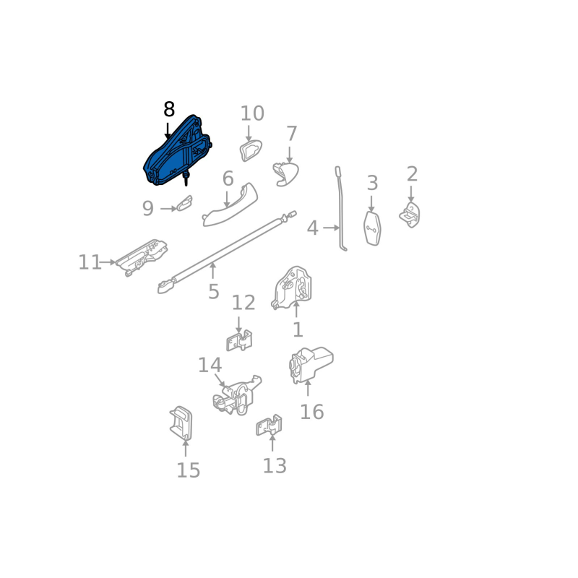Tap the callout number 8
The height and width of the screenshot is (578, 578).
169,110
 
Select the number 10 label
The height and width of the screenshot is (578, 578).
252,113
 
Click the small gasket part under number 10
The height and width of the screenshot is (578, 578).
251,151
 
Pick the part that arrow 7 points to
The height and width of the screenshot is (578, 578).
286,174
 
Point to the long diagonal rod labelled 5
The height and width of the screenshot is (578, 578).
226,251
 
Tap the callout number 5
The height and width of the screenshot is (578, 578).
213,292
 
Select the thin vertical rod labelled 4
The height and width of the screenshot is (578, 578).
341,209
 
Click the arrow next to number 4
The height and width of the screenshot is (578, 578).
331,228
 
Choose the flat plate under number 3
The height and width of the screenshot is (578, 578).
372,228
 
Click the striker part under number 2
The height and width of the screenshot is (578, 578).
410,215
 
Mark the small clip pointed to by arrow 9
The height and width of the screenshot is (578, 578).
184,203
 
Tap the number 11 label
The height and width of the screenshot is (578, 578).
90,262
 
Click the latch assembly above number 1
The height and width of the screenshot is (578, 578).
292,288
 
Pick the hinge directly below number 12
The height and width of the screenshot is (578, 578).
239,340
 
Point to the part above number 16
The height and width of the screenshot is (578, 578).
311,365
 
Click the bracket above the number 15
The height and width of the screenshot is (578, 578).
181,423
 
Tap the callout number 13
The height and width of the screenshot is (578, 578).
275,466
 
